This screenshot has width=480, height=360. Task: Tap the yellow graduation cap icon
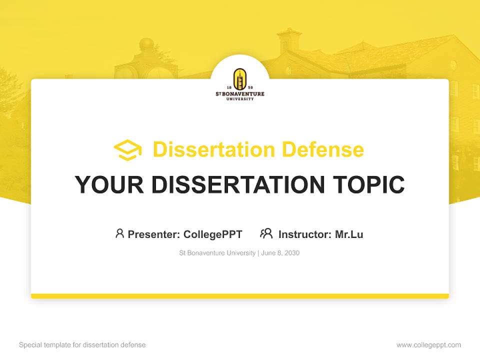[127, 150]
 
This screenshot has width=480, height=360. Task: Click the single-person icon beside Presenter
[119, 233]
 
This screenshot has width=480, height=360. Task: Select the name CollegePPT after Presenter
[213, 234]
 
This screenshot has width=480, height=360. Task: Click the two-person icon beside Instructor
[266, 233]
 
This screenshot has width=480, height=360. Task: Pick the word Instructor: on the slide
[305, 234]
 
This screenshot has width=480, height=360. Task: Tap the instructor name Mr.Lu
[349, 234]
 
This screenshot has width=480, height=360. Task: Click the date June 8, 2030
[280, 253]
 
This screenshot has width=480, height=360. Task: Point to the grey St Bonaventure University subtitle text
[217, 253]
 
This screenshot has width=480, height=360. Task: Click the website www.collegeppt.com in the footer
[428, 345]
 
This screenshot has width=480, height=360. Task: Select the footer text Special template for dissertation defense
[82, 345]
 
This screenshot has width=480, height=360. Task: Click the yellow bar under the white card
[240, 296]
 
